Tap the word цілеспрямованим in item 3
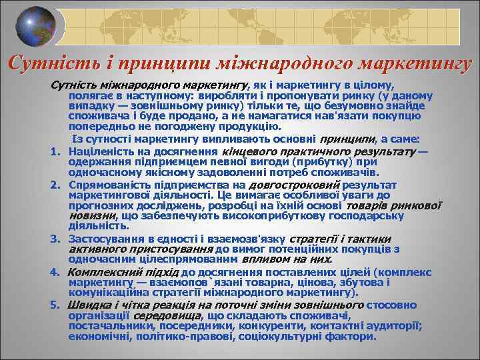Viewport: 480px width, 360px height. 169,259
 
